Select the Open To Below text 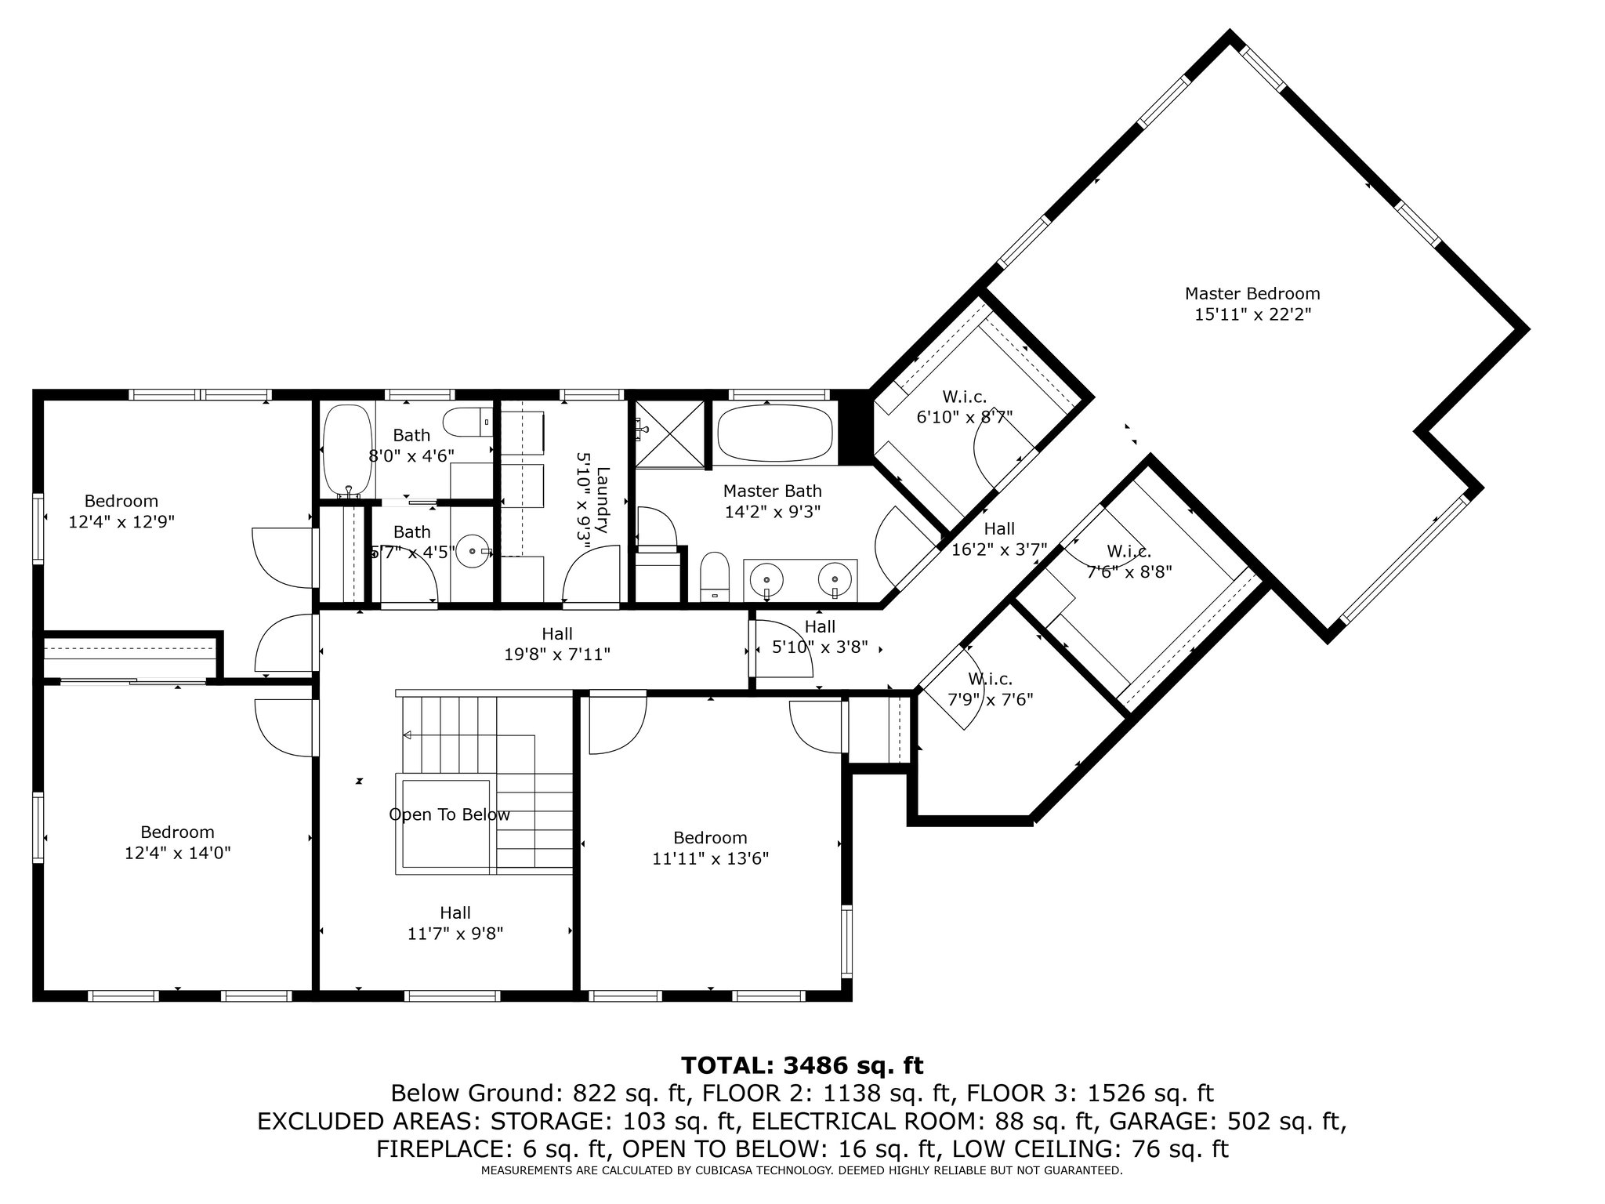(x=450, y=815)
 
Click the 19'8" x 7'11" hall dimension (x=557, y=654)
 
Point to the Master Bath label (x=773, y=491)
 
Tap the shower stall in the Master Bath (x=669, y=434)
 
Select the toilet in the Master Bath (x=715, y=576)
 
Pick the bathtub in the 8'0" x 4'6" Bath (x=347, y=450)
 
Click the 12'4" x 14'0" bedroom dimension (x=178, y=853)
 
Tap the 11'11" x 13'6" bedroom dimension (x=711, y=858)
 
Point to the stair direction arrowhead (x=408, y=735)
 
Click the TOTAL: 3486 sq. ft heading (x=802, y=1065)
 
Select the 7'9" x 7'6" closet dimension (x=991, y=699)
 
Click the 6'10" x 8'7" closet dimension (x=965, y=417)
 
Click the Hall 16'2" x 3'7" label (x=1000, y=539)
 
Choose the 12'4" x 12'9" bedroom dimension (x=121, y=521)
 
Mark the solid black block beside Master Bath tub (x=855, y=429)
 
